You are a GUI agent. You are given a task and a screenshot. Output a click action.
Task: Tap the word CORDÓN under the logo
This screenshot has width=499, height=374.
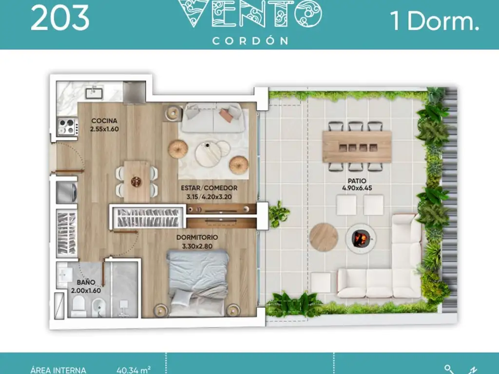[250, 41]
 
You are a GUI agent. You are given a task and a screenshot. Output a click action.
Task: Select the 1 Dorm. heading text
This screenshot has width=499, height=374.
[435, 21]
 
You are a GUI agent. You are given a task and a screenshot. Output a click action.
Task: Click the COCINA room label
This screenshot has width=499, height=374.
[104, 121]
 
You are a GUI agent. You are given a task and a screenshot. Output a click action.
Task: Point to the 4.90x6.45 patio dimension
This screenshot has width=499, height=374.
[357, 188]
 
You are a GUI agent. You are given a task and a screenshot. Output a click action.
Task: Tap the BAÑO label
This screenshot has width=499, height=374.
[86, 282]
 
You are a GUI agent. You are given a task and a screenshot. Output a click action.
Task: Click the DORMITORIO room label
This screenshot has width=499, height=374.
[197, 237]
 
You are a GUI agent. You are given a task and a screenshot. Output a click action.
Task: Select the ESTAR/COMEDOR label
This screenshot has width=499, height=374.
[209, 188]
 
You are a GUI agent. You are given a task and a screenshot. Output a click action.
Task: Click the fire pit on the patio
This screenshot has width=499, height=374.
[361, 238]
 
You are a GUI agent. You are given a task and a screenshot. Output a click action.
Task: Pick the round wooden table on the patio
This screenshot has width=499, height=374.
[324, 237]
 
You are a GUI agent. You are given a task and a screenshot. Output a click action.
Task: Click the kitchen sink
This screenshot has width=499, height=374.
[94, 93]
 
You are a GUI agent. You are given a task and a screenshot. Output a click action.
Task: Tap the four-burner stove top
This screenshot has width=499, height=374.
[67, 127]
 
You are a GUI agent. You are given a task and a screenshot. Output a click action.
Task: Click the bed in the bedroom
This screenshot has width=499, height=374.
[198, 283]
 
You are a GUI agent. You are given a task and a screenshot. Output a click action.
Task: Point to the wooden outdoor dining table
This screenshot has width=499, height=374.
[357, 147]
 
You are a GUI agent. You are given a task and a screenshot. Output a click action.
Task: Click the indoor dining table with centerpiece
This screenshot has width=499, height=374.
[136, 181]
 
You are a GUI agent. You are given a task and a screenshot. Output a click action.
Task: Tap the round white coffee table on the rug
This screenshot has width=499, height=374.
[209, 154]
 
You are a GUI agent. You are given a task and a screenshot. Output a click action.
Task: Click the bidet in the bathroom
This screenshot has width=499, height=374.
[97, 308]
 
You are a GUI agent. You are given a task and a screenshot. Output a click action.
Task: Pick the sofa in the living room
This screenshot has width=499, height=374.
[213, 118]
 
